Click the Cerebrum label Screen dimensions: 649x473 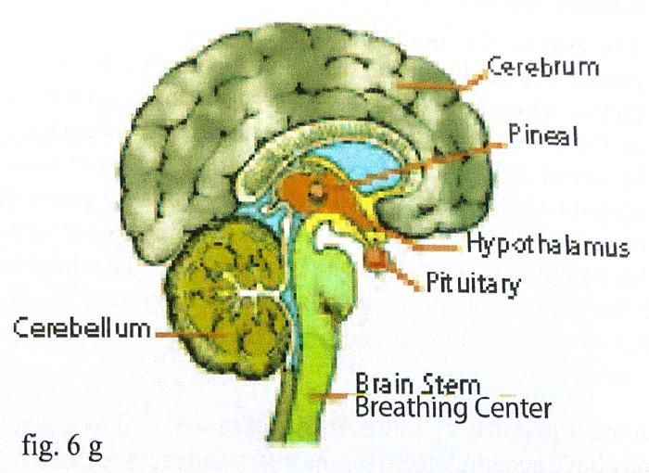point(543,68)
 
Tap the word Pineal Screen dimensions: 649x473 point(543,136)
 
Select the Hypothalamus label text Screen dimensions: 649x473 point(548,247)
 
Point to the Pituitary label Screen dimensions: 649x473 point(473,281)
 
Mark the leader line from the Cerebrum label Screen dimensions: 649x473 point(436,84)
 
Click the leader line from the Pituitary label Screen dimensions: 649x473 point(401,270)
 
